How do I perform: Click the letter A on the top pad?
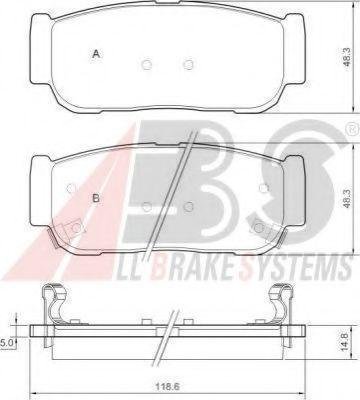click(x=96, y=54)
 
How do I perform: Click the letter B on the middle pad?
click(x=96, y=199)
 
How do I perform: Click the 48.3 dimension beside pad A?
click(x=347, y=57)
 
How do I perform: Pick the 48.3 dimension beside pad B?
click(x=347, y=199)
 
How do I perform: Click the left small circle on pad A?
click(x=147, y=64)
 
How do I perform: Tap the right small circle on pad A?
click(x=189, y=64)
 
